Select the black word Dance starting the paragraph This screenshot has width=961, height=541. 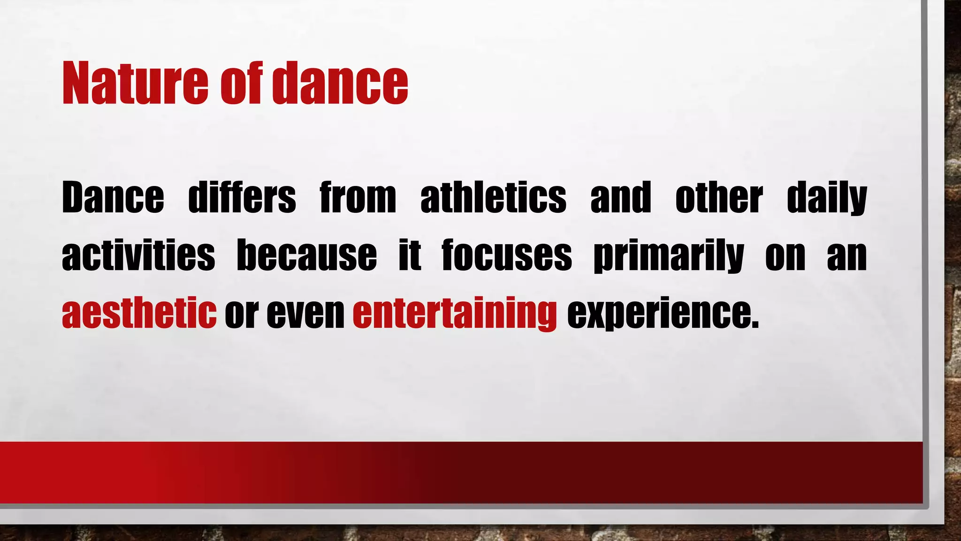(113, 198)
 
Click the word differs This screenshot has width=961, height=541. (242, 198)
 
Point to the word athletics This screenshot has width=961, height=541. (493, 198)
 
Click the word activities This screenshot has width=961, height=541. (138, 255)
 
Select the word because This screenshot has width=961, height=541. (306, 255)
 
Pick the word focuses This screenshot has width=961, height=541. (507, 255)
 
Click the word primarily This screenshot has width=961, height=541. (668, 256)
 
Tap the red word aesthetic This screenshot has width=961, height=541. (139, 313)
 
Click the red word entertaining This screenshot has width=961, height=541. (455, 313)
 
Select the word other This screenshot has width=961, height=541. (719, 198)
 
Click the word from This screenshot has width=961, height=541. (358, 198)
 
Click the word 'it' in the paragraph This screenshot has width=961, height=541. (410, 255)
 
